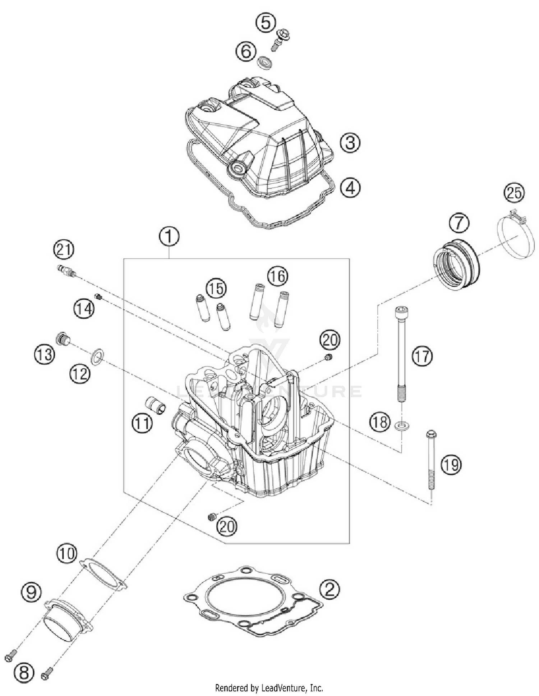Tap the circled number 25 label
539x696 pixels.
coord(514,193)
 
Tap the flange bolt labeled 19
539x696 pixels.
coord(431,462)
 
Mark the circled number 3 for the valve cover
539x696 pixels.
coord(350,142)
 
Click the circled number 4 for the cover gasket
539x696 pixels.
coord(350,187)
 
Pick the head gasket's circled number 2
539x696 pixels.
coord(330,589)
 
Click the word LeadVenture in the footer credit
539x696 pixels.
coord(284,688)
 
